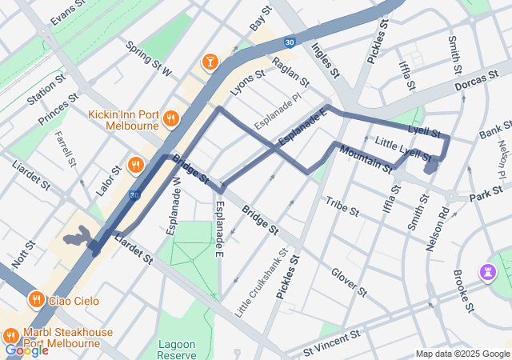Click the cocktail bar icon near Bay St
pyautogui.click(x=209, y=61)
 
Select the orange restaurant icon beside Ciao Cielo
pyautogui.click(x=36, y=300)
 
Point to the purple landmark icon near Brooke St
pyautogui.click(x=486, y=272)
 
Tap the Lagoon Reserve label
pyautogui.click(x=177, y=349)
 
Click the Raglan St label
pyautogui.click(x=290, y=71)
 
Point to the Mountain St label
pyautogui.click(x=365, y=158)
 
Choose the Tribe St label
pyautogui.click(x=342, y=206)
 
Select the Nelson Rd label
pyautogui.click(x=438, y=228)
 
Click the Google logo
pyautogui.click(x=26, y=350)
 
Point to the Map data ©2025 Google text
pyautogui.click(x=462, y=354)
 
